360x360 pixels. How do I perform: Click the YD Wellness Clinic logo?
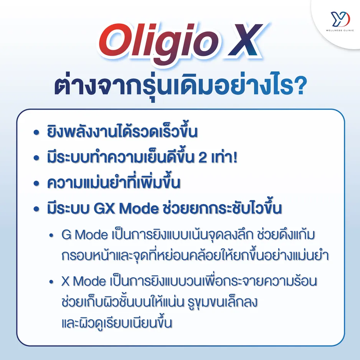pyautogui.click(x=337, y=20)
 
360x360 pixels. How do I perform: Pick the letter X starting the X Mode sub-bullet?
pyautogui.click(x=66, y=281)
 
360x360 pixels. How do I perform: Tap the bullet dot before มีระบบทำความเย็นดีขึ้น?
pyautogui.click(x=37, y=158)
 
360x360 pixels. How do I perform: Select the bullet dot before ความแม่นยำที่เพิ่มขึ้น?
pyautogui.click(x=37, y=183)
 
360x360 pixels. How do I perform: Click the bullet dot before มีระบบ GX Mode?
pyautogui.click(x=37, y=209)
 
